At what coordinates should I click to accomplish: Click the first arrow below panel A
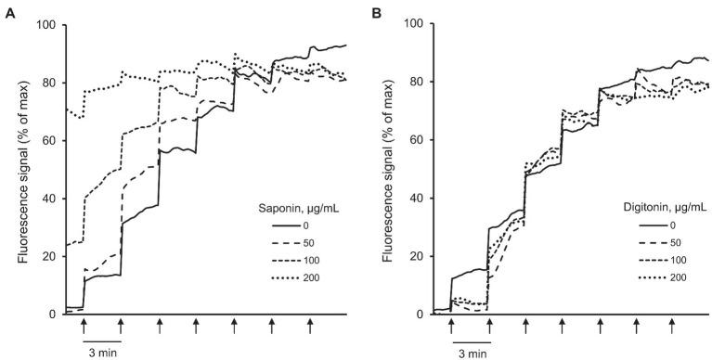coord(84,324)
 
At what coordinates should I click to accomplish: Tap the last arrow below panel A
coord(310,324)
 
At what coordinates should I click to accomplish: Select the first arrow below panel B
coord(451,324)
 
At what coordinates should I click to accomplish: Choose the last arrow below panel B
coord(672,324)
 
